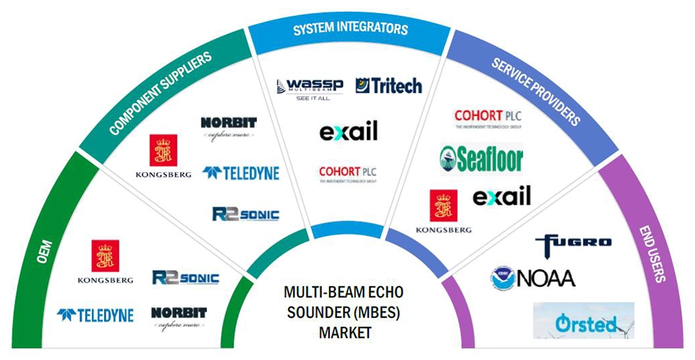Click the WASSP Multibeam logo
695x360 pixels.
pos(309,89)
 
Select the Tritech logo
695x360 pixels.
pos(388,86)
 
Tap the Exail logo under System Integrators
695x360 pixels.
pos(348,131)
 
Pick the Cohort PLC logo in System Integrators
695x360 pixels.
pos(348,173)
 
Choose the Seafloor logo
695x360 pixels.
pos(481,159)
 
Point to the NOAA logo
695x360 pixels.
pos(533,277)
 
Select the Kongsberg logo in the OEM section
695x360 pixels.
pos(105,261)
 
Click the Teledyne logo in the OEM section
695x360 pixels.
pos(95,315)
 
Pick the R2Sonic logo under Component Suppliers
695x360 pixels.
pos(245,214)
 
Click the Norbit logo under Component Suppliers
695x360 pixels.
pos(229,127)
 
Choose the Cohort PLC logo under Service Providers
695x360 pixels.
pos(488,118)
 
